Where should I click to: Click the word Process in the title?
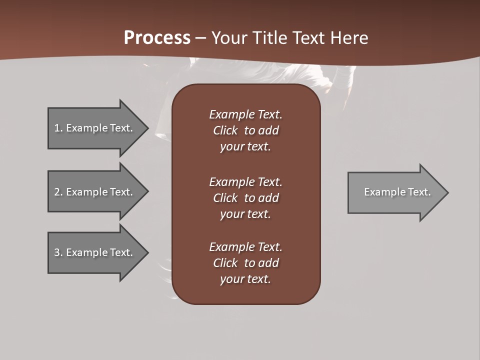[x=157, y=38]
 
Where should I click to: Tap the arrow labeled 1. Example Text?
[x=93, y=128]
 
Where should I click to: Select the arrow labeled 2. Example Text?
[x=93, y=192]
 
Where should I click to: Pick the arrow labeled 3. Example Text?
[x=93, y=252]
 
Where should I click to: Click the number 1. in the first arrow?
[x=58, y=128]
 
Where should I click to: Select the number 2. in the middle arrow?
[x=58, y=192]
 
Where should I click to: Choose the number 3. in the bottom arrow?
[x=58, y=252]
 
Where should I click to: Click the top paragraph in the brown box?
[x=245, y=130]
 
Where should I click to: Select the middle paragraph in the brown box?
[x=245, y=198]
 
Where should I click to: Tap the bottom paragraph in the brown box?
[x=245, y=263]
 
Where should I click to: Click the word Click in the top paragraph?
[x=225, y=130]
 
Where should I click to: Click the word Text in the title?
[x=307, y=38]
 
